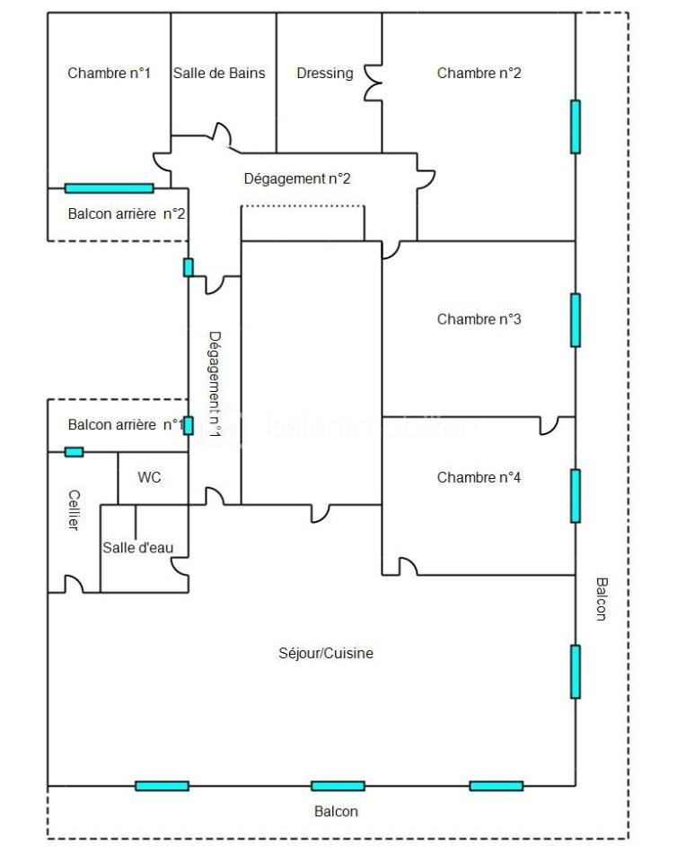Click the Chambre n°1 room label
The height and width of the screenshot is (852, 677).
point(109,74)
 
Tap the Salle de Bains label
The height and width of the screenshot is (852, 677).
point(220,74)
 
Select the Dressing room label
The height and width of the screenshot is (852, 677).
point(325,74)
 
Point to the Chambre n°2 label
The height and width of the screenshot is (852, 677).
point(479,74)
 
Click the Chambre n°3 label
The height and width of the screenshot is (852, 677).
point(479,319)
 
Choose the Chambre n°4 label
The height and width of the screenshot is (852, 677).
point(479,477)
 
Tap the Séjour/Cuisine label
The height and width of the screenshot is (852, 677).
point(326,654)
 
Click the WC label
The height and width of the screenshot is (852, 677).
point(150,478)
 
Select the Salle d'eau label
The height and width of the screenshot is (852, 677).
point(137,547)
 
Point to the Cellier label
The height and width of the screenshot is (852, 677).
point(74,509)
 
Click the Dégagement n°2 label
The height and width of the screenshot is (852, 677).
point(297,178)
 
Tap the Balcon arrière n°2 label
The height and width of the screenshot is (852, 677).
point(127,214)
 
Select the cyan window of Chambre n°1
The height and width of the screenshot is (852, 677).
point(109,188)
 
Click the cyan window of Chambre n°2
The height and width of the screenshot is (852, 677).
point(576,126)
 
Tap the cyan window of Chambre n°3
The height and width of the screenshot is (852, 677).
point(576,320)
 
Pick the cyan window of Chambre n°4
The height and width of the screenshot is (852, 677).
point(576,496)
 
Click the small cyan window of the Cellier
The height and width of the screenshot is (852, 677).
point(74,452)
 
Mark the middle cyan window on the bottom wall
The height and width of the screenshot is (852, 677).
point(338,786)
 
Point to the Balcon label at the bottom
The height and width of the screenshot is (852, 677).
point(336,812)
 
